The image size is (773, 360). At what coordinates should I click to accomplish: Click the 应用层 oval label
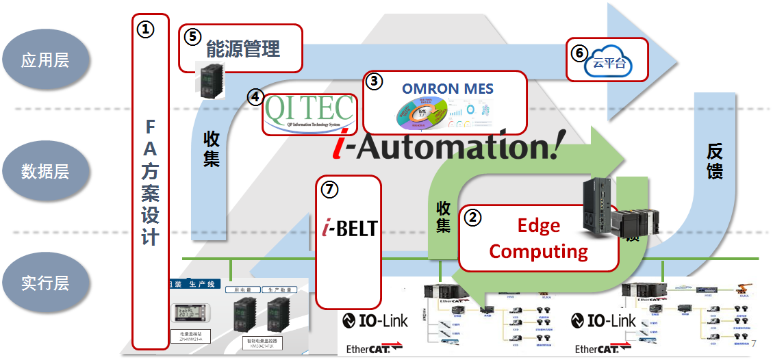tap(45, 60)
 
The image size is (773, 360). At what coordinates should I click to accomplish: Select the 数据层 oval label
tap(45, 171)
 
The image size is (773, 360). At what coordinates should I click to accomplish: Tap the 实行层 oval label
tap(45, 283)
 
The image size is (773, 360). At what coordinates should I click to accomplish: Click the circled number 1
tap(146, 29)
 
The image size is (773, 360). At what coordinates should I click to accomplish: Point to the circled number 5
tap(194, 37)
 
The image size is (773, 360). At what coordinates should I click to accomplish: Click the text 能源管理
tap(243, 49)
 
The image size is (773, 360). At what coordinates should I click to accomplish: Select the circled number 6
tap(579, 52)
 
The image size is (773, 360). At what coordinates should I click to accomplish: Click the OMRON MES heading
tap(447, 88)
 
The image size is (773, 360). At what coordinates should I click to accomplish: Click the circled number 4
tap(255, 97)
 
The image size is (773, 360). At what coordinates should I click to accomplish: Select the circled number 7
tap(330, 190)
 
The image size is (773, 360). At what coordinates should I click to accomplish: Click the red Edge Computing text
tap(538, 238)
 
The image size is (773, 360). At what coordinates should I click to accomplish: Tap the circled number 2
tap(472, 217)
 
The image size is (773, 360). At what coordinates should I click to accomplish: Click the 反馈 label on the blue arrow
tap(714, 162)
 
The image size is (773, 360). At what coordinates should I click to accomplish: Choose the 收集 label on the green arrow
tap(443, 216)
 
